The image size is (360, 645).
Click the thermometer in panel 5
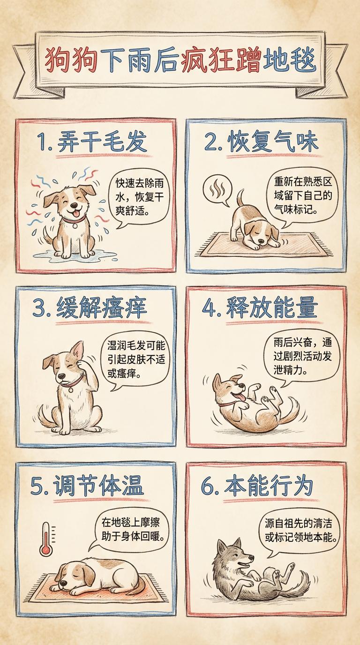[x=46, y=539]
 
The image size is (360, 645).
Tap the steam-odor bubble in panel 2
[x=217, y=190]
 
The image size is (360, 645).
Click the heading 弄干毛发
[x=102, y=142]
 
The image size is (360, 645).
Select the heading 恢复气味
[x=273, y=142]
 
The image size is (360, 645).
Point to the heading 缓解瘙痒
[x=102, y=308]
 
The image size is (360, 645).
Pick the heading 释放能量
[x=272, y=308]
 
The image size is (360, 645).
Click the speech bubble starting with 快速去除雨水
[x=139, y=198]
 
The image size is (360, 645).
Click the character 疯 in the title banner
[x=195, y=61]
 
